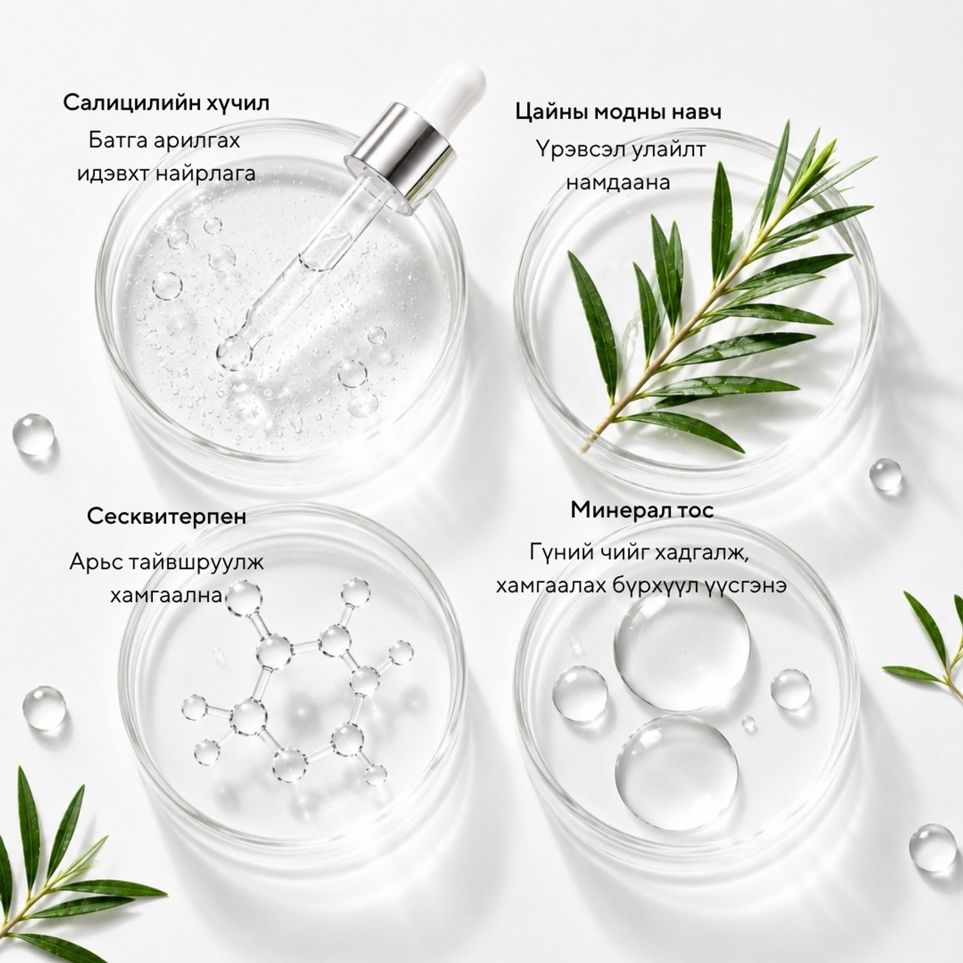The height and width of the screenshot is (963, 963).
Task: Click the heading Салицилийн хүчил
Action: click(166, 103)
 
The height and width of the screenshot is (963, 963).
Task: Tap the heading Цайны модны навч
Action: click(618, 112)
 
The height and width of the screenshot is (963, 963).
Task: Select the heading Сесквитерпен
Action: click(166, 516)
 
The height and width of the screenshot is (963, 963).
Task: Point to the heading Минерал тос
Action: click(642, 510)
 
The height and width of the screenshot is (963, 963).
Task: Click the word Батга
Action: click(119, 141)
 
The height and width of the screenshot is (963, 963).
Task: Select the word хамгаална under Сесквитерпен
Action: click(166, 594)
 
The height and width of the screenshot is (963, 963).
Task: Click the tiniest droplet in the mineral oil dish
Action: click(749, 724)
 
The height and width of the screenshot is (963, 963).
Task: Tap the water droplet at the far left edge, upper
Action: click(33, 435)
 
